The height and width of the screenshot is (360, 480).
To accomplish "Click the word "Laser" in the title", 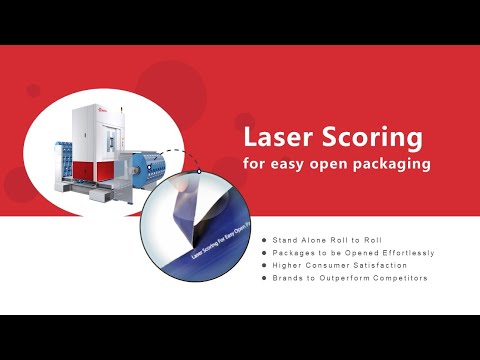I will (276, 136).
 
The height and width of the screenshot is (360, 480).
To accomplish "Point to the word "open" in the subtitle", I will (326, 162).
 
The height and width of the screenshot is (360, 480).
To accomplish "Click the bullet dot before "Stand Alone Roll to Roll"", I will (264, 241).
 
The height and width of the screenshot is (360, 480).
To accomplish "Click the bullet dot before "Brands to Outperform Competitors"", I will (264, 277).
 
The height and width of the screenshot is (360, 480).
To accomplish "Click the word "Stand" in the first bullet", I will (284, 241).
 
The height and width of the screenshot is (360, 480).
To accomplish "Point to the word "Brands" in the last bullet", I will (287, 277).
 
